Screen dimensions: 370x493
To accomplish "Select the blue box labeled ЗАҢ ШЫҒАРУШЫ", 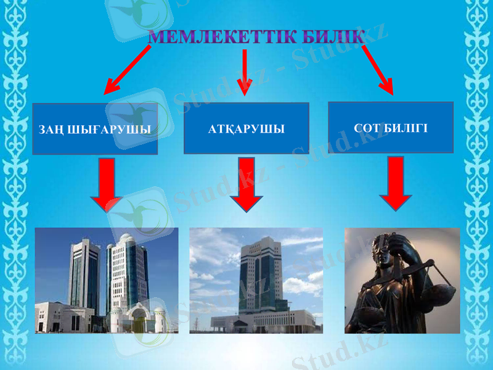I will (95, 128).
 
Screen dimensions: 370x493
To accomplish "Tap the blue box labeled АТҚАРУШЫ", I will (246, 128).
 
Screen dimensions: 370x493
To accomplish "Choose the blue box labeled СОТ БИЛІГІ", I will (391, 127).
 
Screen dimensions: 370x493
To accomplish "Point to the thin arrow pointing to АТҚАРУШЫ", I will (245, 73).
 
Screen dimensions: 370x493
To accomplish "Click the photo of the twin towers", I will (107, 281).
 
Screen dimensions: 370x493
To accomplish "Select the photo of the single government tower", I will (256, 281).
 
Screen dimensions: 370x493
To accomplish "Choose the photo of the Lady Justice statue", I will (402, 281).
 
